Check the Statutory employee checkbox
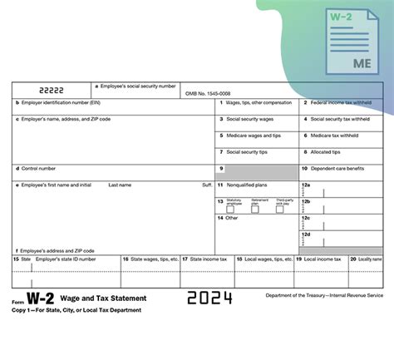click(x=232, y=209)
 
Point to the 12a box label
click(x=306, y=185)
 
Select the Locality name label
click(x=371, y=259)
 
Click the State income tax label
click(x=208, y=259)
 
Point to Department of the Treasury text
click(x=324, y=295)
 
